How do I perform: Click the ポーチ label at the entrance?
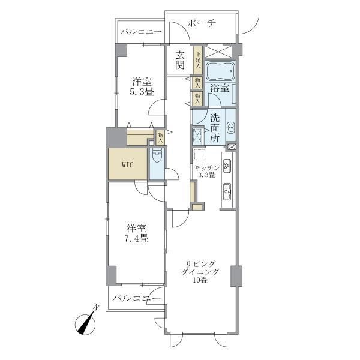point(202,23)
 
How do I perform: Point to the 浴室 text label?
point(219,88)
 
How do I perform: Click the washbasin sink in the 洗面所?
point(230,127)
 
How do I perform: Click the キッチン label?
point(206,167)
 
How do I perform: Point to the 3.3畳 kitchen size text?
point(205,175)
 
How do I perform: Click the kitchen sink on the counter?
point(227,193)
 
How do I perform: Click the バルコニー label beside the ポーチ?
point(140,31)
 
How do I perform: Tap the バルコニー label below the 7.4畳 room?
point(136,298)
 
